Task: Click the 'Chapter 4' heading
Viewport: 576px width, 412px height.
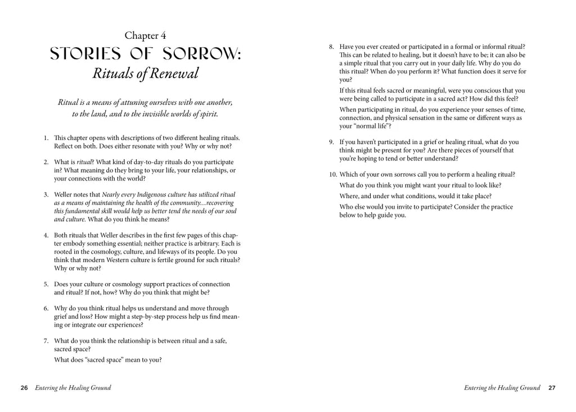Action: [145, 36]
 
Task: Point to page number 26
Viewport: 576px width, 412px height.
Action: [24, 388]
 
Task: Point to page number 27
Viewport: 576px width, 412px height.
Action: [552, 388]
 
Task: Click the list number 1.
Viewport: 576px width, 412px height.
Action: [45, 138]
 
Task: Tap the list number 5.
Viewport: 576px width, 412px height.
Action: [45, 284]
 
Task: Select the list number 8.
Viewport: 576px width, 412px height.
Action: [331, 47]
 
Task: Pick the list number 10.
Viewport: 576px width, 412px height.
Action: [333, 174]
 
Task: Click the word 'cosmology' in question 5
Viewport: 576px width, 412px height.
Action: [130, 284]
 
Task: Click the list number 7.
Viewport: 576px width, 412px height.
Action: [45, 341]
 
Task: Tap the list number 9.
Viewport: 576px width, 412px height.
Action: [331, 142]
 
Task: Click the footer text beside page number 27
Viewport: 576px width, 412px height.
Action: [502, 388]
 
